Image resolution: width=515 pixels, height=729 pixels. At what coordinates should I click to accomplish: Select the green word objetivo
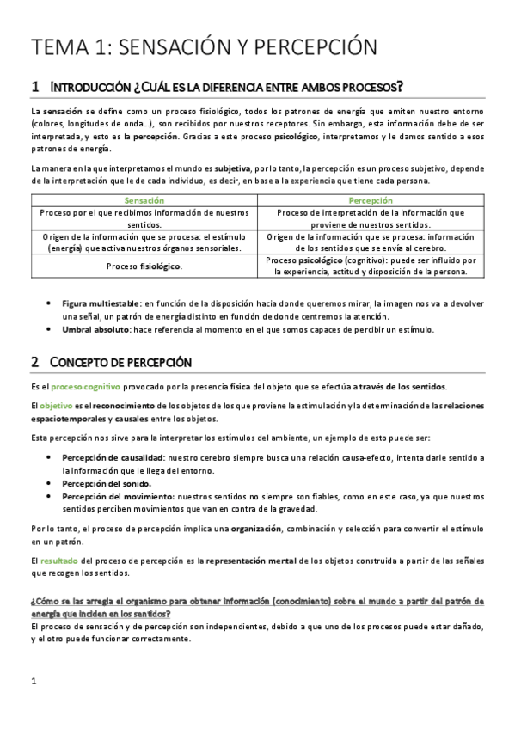56,405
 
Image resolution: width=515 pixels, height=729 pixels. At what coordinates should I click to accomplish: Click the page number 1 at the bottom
34,683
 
